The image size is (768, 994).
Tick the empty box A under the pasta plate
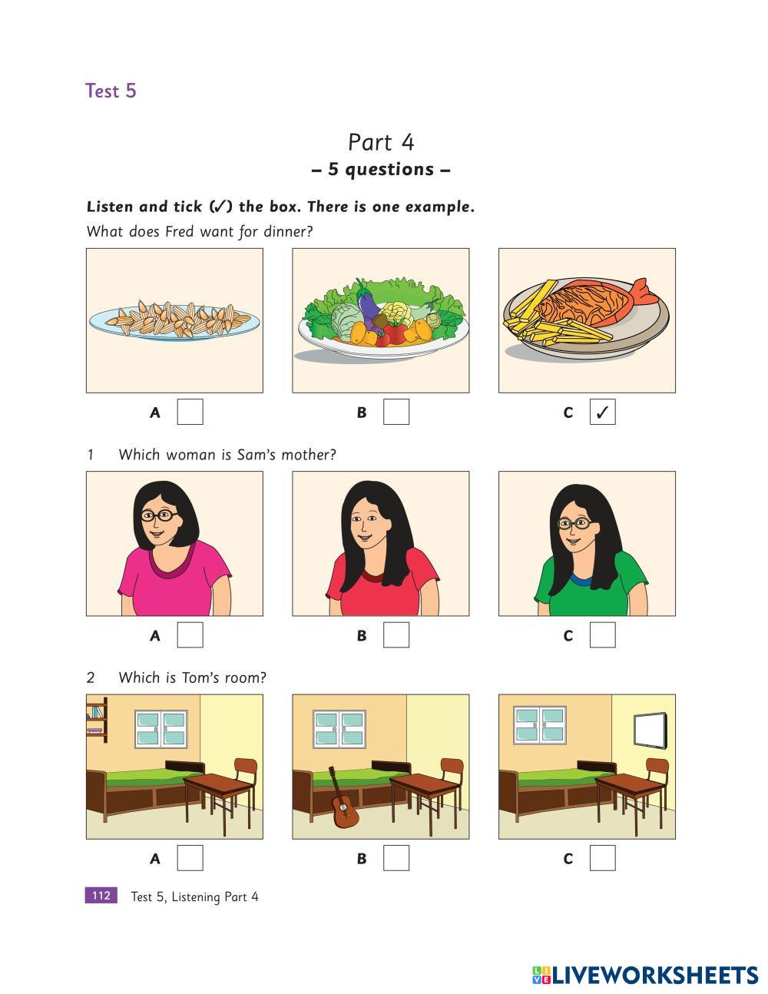tap(190, 412)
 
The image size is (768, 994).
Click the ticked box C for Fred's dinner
tap(602, 412)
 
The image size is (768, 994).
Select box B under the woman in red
tap(396, 635)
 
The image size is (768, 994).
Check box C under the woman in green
tap(602, 635)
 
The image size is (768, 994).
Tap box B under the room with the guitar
tap(396, 858)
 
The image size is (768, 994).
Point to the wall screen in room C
tap(649, 731)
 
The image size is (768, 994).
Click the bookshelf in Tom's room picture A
tap(97, 720)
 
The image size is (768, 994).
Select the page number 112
tap(101, 896)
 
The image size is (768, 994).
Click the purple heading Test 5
tap(111, 91)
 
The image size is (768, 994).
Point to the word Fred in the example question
tap(180, 231)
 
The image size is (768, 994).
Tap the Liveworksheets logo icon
tap(541, 976)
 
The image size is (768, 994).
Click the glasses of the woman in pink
tap(160, 515)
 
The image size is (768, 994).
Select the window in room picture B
tap(339, 729)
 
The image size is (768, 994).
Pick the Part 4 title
tap(381, 142)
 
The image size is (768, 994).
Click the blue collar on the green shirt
tap(581, 581)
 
